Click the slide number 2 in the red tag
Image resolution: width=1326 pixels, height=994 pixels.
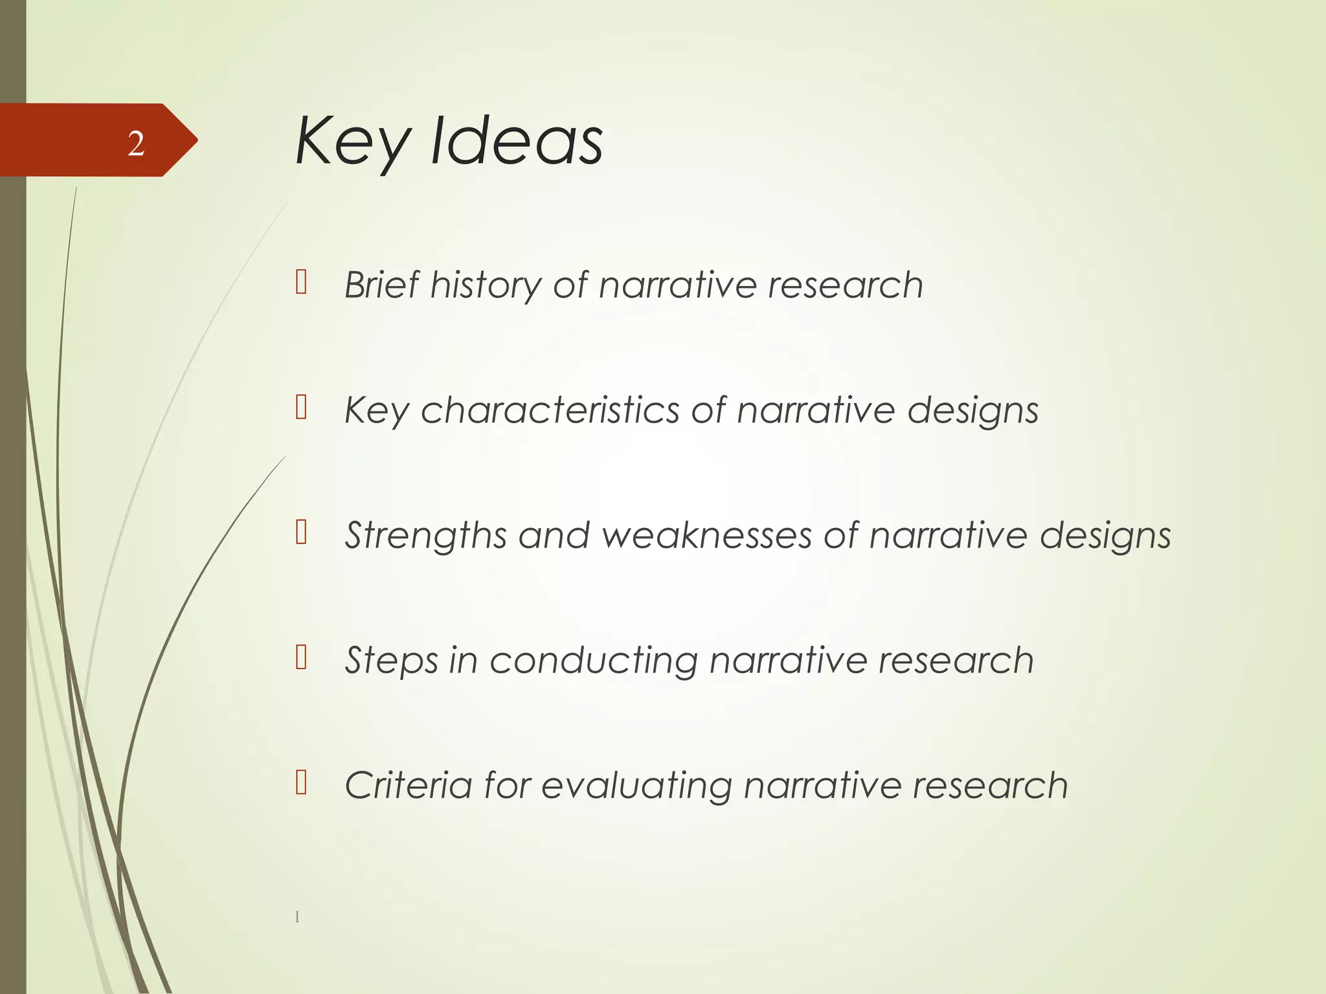[x=136, y=144]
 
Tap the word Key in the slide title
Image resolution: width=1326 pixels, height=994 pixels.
[x=353, y=142]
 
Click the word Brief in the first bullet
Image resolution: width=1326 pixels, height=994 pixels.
[x=381, y=285]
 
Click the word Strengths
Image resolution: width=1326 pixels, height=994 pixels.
[x=425, y=536]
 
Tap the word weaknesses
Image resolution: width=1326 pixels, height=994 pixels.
[x=706, y=536]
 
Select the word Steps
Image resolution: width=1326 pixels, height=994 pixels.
[x=391, y=661]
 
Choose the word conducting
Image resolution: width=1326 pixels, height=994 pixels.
[x=593, y=661]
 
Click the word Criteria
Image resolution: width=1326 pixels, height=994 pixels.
[x=408, y=786]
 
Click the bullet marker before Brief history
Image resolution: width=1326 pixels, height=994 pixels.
[x=301, y=282]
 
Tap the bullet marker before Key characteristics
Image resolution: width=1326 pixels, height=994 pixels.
[x=301, y=408]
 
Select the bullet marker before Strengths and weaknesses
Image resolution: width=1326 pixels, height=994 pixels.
[x=301, y=533]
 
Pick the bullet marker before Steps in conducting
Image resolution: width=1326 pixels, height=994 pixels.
[x=301, y=657]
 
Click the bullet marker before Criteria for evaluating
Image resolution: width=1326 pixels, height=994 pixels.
[x=301, y=782]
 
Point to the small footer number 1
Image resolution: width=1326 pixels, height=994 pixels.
[x=297, y=916]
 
